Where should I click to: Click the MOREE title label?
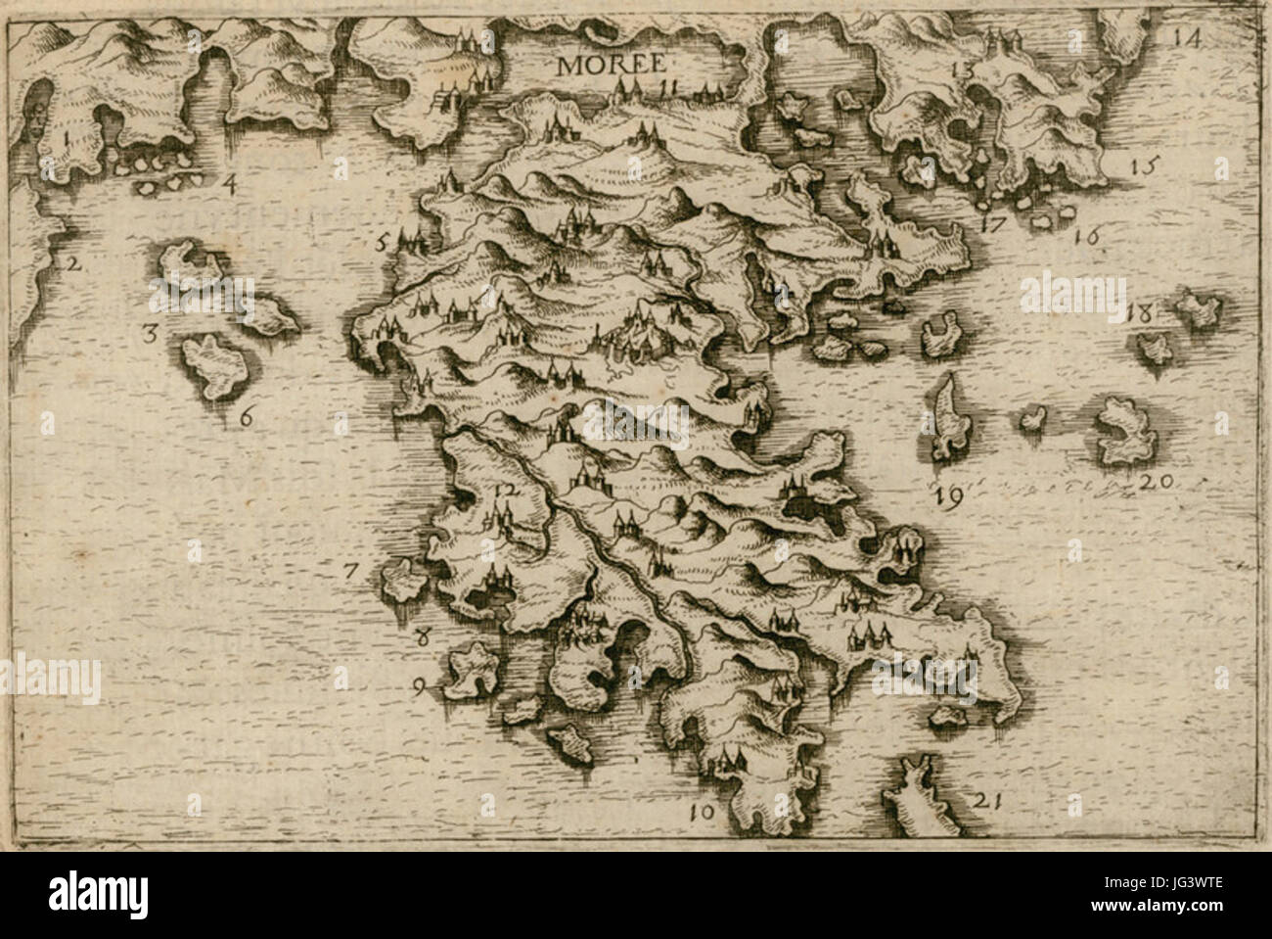point(612,65)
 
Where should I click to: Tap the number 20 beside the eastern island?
point(1155,482)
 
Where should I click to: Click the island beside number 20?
point(1125,431)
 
